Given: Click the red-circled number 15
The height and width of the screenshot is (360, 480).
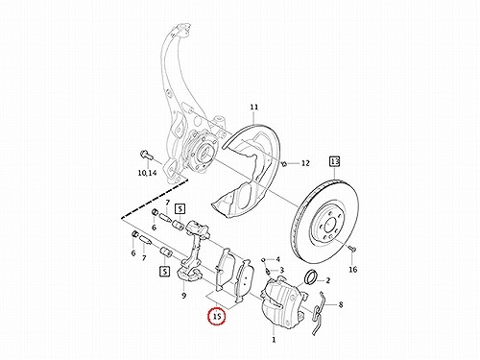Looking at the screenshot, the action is click(217, 317).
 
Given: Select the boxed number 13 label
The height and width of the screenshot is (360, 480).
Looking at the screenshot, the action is click(334, 161).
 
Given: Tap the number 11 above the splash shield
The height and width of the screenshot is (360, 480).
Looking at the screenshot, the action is click(254, 108).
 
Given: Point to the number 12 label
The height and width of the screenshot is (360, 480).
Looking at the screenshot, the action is click(305, 163).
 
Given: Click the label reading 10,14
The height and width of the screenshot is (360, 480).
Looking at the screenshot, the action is click(147, 173).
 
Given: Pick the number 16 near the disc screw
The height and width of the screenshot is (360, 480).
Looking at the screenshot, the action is click(352, 270).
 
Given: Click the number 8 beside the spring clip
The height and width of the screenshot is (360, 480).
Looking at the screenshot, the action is click(341, 304).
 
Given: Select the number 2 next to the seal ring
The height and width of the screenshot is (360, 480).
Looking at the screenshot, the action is click(327, 280).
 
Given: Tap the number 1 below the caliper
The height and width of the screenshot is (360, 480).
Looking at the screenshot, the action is click(274, 340).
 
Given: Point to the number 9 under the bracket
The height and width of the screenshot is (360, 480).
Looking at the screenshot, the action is click(183, 295).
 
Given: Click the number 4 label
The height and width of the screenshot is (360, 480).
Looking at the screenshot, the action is click(277, 259).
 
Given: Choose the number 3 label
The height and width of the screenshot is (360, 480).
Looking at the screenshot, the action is click(281, 270).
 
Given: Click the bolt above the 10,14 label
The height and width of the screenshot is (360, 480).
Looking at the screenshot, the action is click(146, 155).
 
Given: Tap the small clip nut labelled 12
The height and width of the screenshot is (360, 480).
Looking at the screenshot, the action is click(284, 164).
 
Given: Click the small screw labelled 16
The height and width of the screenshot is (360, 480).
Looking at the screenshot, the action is click(352, 249).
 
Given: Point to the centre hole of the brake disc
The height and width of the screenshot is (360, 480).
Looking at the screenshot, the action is click(329, 225).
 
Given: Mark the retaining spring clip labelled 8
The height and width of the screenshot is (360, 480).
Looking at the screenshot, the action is click(319, 314).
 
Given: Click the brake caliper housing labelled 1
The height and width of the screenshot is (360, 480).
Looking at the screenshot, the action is click(281, 302).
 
